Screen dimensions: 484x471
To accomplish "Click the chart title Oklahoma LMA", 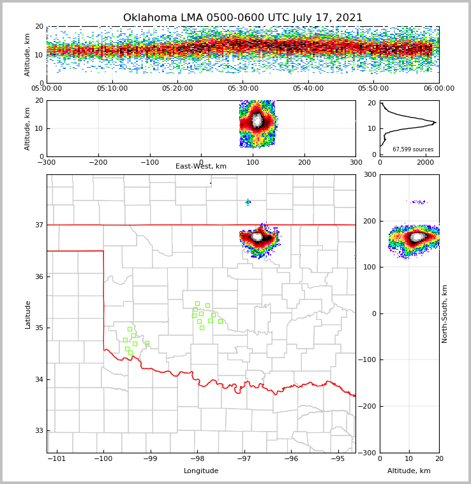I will point(243,18).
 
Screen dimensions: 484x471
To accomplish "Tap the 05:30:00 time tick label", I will point(243,89).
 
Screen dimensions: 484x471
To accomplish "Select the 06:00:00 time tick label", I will point(438,89).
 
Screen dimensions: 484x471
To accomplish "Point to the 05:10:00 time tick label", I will point(112,89).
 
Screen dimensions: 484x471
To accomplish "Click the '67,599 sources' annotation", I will point(413,149).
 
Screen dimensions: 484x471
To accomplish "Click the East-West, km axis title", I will point(201,167).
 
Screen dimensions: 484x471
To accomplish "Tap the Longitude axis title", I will point(201,471).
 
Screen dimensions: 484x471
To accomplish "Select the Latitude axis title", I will point(28,314).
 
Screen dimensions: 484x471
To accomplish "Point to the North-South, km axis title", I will point(445,314).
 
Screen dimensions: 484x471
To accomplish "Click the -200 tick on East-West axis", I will point(98,163).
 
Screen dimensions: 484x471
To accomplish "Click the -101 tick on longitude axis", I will point(57,458).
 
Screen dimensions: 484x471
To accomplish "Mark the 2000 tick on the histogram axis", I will point(425,163).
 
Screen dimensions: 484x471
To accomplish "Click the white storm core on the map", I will point(258,237).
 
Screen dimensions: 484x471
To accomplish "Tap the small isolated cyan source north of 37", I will point(248,202).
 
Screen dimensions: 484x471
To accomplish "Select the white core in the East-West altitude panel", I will point(257,120).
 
